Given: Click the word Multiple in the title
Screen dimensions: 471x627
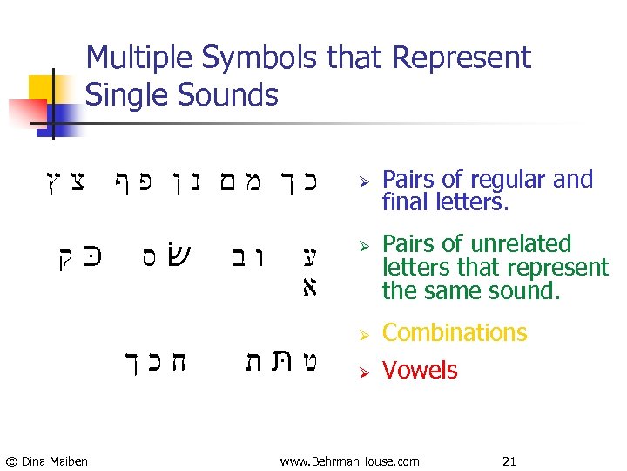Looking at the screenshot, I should tap(140, 58).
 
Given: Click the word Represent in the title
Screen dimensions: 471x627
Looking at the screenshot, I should tap(462, 58).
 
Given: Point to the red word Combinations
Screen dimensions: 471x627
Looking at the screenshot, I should tap(455, 332).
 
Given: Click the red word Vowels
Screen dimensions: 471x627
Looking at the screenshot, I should tap(420, 370).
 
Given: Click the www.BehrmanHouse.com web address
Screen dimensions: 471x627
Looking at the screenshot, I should tap(349, 461).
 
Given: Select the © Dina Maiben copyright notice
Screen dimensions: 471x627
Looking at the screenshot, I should tap(46, 461).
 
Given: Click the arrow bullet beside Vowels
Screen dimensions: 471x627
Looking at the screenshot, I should tap(366, 372).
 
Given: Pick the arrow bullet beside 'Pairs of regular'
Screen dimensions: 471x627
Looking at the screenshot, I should tap(366, 181).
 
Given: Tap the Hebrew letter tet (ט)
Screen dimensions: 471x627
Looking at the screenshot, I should tap(307, 360).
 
